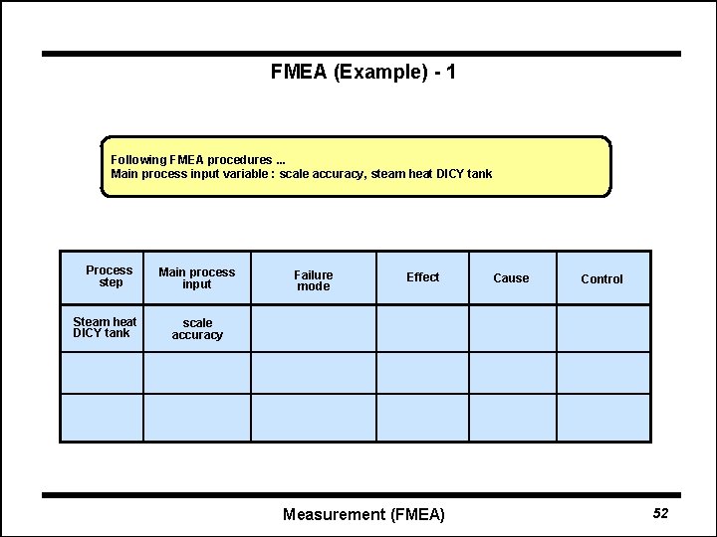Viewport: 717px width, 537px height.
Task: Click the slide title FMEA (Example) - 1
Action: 363,73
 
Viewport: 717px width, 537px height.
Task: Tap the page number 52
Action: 660,513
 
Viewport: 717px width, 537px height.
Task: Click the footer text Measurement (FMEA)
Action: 363,514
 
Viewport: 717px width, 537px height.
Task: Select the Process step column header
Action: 110,276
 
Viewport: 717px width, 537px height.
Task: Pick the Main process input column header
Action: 197,278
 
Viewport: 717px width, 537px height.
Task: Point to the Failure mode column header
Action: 314,280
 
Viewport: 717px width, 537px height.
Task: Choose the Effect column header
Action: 422,277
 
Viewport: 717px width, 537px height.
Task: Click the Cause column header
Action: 511,278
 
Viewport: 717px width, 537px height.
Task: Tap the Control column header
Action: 601,279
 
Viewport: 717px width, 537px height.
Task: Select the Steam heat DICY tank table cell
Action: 105,327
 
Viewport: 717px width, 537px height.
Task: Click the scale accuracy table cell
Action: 197,329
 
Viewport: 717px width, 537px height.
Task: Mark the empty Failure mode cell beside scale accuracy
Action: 314,328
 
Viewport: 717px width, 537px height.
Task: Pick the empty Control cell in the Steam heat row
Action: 603,328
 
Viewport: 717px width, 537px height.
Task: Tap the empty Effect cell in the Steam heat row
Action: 422,328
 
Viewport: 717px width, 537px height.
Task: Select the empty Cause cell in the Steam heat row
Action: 512,328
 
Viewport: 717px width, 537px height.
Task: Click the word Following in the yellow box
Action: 137,160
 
